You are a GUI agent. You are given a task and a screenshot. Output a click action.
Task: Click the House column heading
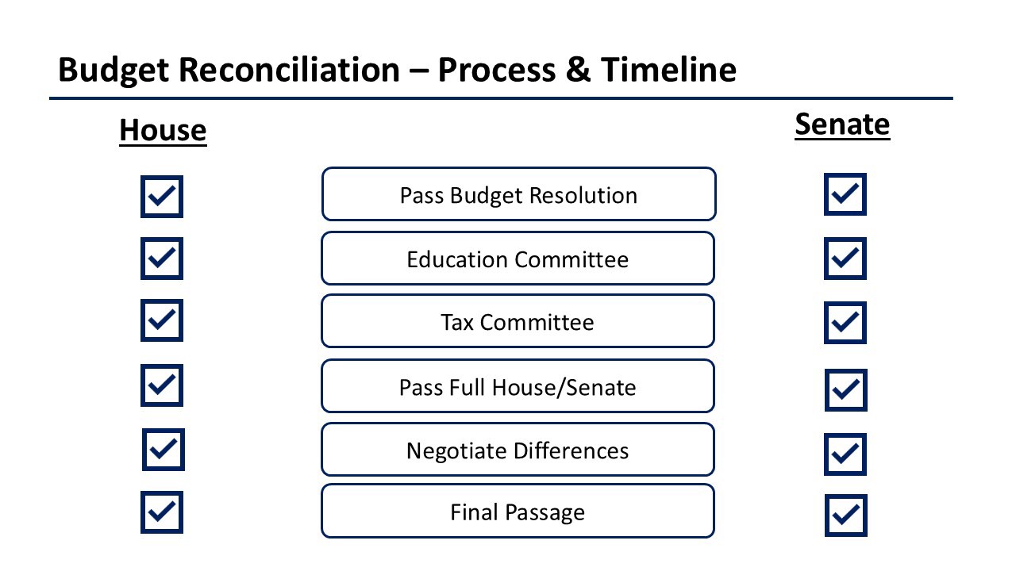[x=163, y=131]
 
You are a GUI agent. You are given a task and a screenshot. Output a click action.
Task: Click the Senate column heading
[x=842, y=125]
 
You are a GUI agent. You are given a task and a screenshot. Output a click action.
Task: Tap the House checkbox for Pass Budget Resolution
[x=162, y=197]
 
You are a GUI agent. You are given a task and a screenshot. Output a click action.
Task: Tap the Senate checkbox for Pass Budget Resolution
[x=845, y=194]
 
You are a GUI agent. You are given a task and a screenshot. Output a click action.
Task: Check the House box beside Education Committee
[x=162, y=259]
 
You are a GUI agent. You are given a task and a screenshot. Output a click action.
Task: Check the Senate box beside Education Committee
[x=845, y=259]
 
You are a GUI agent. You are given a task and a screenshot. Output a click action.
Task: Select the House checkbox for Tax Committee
[x=162, y=320]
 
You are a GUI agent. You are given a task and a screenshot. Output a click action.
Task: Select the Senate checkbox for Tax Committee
[x=845, y=323]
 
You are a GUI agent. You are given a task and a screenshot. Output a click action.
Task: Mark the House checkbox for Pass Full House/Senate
[x=162, y=385]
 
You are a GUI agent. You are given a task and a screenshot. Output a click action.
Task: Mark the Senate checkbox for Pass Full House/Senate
[x=846, y=390]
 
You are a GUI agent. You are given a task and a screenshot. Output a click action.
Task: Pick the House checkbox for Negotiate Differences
[x=164, y=450]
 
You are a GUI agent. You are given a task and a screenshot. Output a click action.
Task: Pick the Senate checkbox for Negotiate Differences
[x=845, y=454]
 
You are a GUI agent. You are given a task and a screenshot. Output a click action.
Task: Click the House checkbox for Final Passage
[x=162, y=512]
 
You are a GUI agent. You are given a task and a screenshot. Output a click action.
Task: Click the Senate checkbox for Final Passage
[x=846, y=515]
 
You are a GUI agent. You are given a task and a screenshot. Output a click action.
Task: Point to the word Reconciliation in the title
[x=290, y=71]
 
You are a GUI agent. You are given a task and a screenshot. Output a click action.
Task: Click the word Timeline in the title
[x=668, y=71]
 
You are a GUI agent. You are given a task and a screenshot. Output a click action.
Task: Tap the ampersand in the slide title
[x=579, y=71]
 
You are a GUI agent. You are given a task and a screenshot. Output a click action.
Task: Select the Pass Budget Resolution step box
[x=519, y=194]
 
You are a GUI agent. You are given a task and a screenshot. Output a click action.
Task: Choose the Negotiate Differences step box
[x=518, y=450]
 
